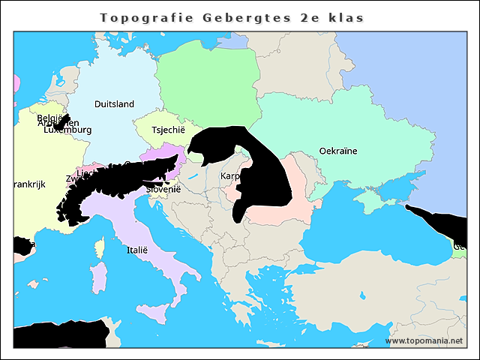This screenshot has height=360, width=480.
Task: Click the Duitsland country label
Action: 114,104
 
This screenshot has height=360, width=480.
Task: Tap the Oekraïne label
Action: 337,151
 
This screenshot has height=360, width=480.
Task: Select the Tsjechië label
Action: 168,130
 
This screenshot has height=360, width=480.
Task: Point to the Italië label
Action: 137,250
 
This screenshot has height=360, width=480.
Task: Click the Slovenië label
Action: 163,190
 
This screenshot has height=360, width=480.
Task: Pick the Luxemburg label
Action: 67,130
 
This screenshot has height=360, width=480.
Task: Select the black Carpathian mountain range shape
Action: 259,169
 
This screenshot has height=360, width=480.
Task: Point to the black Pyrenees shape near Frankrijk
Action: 22,246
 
